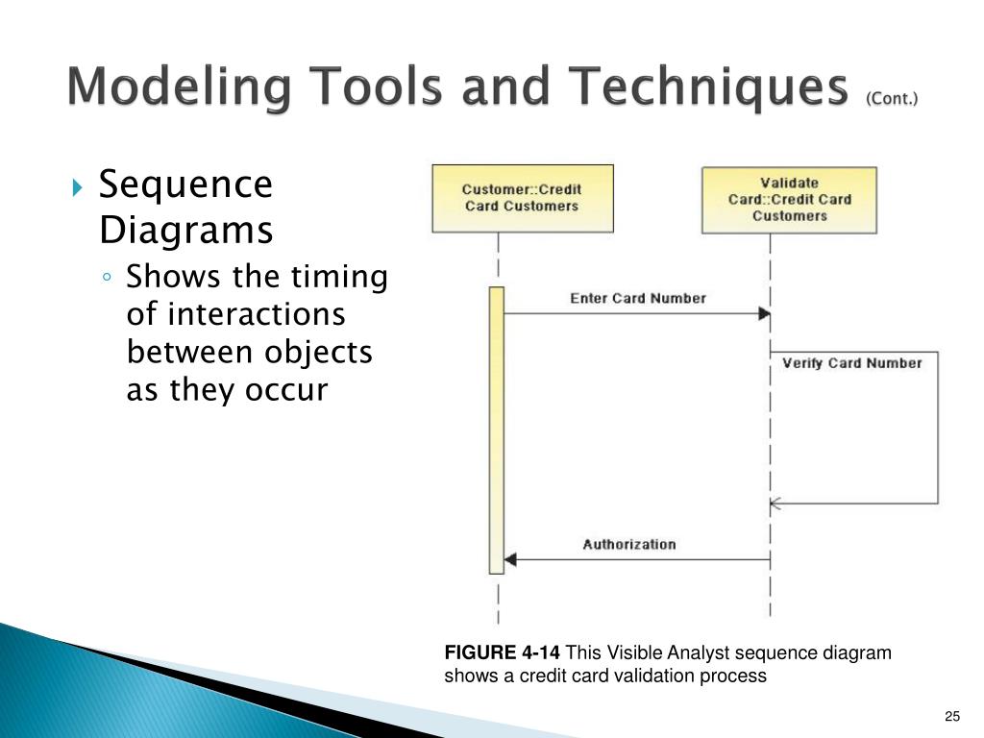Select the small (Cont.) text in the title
point(892,99)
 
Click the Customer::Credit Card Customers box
point(522,198)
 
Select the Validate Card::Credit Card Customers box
point(789,200)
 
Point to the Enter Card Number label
point(637,299)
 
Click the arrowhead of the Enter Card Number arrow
point(764,314)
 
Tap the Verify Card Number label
point(851,363)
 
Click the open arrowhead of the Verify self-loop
point(775,504)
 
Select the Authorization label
point(629,545)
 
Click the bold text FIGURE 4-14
point(502,653)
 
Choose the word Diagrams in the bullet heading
point(186,231)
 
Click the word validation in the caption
point(660,676)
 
